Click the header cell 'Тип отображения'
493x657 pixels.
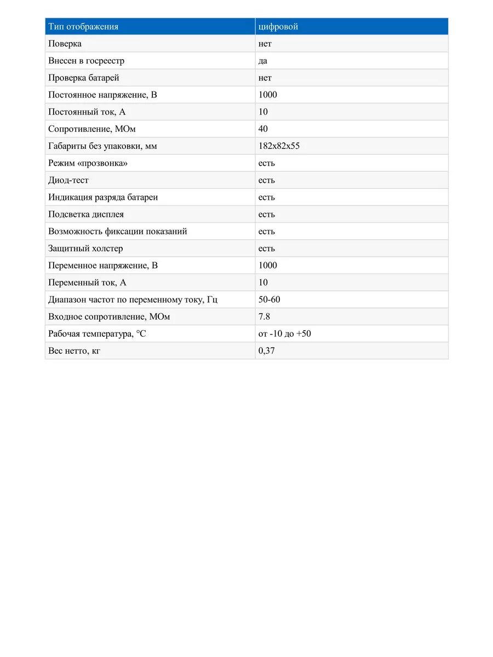point(83,27)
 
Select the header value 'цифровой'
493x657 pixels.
point(278,27)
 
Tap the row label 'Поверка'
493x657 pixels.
point(65,44)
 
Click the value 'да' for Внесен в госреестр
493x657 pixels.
point(263,61)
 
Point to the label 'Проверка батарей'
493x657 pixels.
point(84,78)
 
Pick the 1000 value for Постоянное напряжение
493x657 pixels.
point(268,95)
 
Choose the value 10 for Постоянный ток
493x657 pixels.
point(263,112)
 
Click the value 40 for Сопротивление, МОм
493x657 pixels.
point(263,129)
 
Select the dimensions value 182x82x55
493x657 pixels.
point(279,146)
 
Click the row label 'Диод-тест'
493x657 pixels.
point(68,180)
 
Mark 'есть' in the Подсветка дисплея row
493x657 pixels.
point(267,214)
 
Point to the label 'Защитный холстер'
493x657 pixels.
point(85,248)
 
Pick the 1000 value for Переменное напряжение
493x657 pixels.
point(268,266)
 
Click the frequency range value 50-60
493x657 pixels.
point(270,299)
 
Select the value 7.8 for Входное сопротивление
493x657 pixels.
point(265,316)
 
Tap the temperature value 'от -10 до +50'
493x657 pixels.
point(285,333)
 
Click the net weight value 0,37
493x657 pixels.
point(267,350)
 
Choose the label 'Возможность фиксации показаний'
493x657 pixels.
point(118,231)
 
